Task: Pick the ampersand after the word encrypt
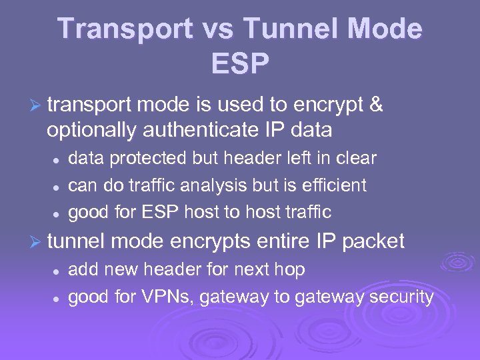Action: (376, 105)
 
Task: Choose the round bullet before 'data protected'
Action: (58, 160)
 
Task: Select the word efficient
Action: (333, 185)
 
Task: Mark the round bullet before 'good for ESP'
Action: (58, 214)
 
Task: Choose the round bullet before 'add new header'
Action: (58, 271)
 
